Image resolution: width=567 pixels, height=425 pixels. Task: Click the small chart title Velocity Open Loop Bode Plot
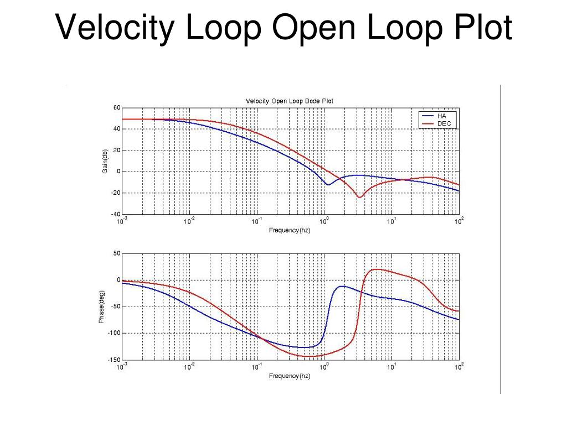click(290, 101)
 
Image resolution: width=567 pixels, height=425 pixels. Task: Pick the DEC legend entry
click(444, 123)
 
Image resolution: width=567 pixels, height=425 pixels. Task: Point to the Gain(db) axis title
click(105, 160)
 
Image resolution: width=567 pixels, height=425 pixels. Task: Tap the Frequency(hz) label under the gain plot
click(290, 230)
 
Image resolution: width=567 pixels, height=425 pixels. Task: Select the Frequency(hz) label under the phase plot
click(290, 376)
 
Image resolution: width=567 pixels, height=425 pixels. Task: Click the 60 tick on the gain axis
click(116, 107)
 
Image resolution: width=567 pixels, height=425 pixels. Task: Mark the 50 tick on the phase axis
click(116, 253)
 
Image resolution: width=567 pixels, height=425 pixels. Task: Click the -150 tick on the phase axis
click(114, 360)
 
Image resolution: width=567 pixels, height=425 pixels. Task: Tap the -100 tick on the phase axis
click(114, 333)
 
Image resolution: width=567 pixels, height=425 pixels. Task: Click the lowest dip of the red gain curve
click(360, 197)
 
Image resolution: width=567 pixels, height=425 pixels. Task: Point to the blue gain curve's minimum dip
click(328, 184)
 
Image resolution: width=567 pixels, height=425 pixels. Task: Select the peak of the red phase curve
click(376, 269)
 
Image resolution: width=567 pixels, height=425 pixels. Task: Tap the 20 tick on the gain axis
click(116, 150)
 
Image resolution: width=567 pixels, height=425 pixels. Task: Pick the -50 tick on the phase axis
click(115, 307)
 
